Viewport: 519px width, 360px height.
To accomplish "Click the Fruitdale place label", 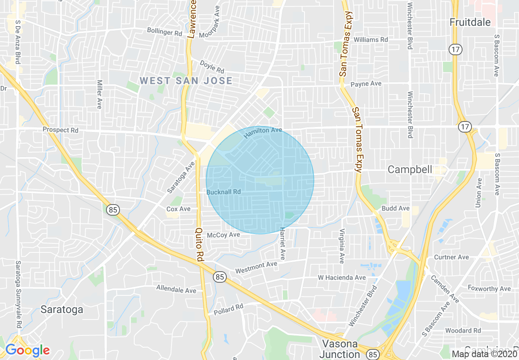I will [470, 22].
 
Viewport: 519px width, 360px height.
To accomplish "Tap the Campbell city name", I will [410, 169].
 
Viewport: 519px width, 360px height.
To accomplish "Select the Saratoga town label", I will [62, 310].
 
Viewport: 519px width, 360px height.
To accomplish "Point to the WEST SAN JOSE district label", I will [186, 81].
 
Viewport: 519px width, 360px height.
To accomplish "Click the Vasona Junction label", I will [340, 349].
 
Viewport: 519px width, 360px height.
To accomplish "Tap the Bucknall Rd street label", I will [223, 192].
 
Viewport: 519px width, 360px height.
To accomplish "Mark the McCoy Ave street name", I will [223, 235].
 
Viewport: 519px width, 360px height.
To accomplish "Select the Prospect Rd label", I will [61, 130].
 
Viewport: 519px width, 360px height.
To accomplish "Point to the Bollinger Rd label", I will [165, 32].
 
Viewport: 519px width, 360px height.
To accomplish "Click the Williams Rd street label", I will [371, 40].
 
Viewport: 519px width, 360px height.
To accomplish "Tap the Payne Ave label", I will [366, 84].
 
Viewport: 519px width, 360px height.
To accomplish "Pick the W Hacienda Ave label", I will [342, 278].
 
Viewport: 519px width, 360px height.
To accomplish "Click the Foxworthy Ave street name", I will [489, 288].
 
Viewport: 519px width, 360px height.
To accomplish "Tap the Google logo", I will [27, 350].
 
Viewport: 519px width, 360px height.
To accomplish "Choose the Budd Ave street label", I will [395, 208].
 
